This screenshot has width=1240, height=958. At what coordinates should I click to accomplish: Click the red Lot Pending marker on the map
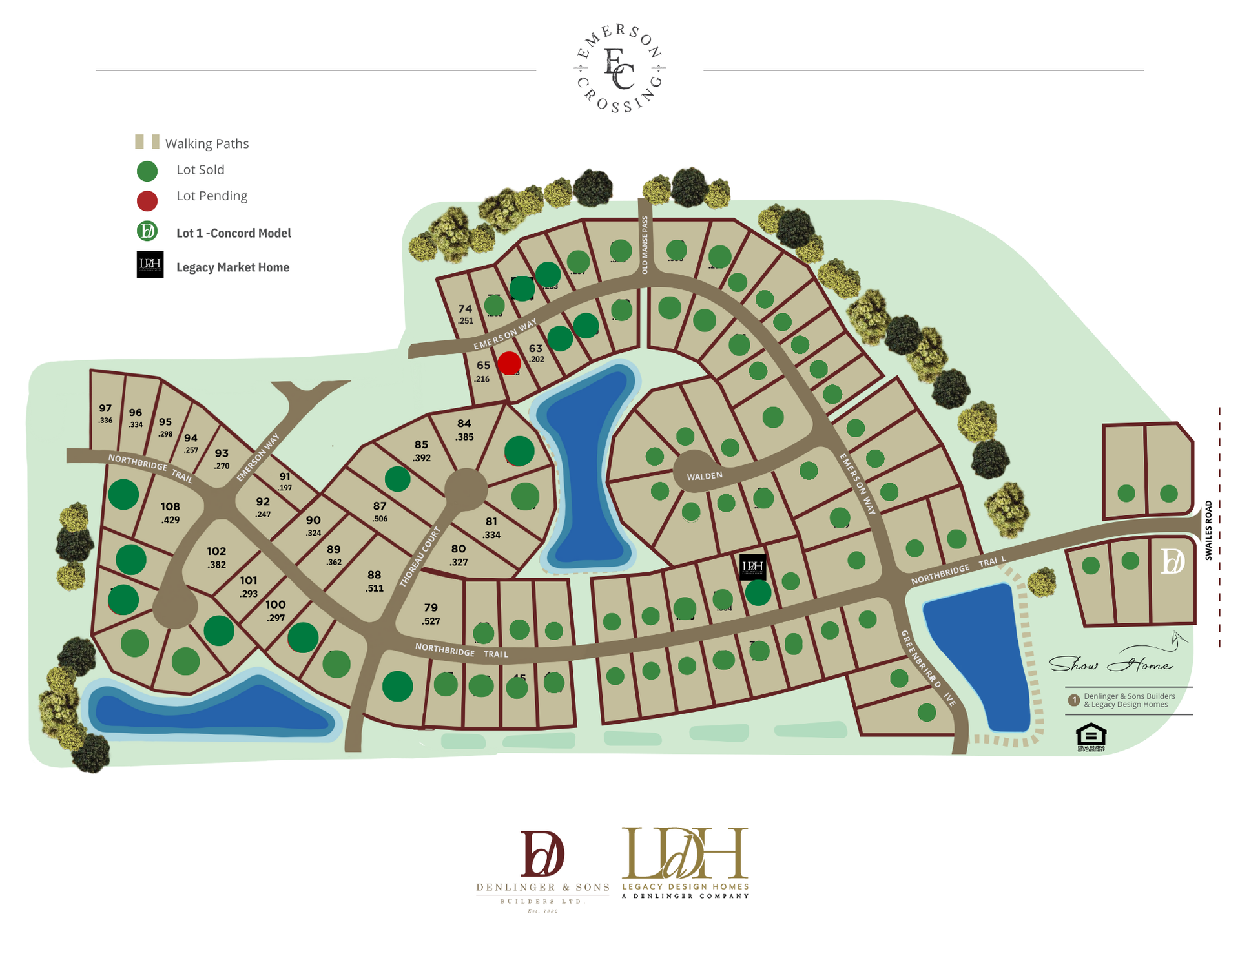click(509, 363)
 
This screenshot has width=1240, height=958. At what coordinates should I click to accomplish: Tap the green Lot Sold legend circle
click(147, 171)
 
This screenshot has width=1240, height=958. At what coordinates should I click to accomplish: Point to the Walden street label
click(705, 476)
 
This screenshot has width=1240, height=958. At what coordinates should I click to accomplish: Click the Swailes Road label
click(1208, 530)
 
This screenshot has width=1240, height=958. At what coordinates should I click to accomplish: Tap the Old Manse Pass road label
click(645, 245)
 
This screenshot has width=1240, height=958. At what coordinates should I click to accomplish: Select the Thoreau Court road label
click(420, 556)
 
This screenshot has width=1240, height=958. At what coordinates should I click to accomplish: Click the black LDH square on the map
click(752, 567)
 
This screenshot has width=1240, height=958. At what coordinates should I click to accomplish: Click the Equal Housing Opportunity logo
click(1091, 737)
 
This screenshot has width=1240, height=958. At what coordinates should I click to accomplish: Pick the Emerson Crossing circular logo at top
click(619, 68)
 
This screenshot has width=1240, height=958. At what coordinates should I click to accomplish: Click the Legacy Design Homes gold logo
click(685, 862)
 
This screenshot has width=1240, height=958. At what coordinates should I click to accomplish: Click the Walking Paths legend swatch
click(147, 142)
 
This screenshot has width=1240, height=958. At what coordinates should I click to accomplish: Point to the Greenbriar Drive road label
click(928, 668)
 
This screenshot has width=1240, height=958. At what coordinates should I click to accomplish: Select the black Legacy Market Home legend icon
click(150, 265)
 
